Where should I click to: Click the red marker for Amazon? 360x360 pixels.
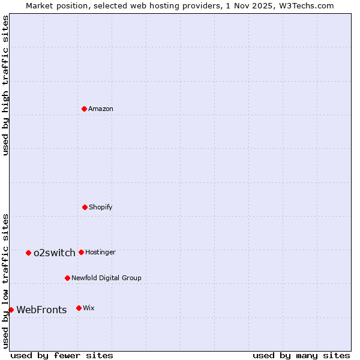(x=85, y=109)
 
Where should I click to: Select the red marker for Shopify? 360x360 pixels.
(x=85, y=207)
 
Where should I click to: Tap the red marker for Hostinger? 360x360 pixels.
(x=81, y=252)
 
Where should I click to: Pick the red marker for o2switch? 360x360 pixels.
(x=28, y=253)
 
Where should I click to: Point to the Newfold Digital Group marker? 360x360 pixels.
(x=67, y=278)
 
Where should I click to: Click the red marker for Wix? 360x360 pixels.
(x=79, y=308)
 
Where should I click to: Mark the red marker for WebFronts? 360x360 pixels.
(x=11, y=310)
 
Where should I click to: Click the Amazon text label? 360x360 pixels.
(x=101, y=109)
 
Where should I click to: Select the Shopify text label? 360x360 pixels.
(x=101, y=207)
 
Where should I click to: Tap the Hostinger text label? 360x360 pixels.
(x=100, y=252)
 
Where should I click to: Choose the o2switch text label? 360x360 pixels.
(x=55, y=253)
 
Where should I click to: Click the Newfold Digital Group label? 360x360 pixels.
(x=106, y=278)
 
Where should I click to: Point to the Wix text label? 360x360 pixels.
(x=89, y=308)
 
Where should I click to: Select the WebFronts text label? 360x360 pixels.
(x=41, y=310)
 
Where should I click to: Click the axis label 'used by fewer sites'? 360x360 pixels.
(x=62, y=355)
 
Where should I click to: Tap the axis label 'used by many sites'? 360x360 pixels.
(x=301, y=355)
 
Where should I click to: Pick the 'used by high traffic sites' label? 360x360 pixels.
(x=5, y=85)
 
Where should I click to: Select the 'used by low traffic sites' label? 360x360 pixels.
(x=5, y=280)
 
